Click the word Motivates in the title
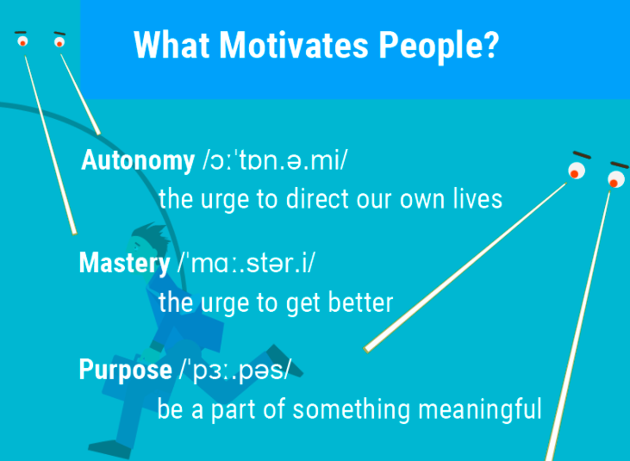click(x=293, y=46)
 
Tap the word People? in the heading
click(x=439, y=47)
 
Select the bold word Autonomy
click(x=138, y=160)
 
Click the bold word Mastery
click(x=125, y=264)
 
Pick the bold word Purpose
click(x=125, y=371)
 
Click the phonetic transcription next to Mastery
click(x=246, y=264)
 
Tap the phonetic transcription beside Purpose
click(x=234, y=371)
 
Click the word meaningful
click(x=480, y=409)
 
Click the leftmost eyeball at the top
click(x=22, y=41)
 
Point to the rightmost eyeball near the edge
click(x=616, y=179)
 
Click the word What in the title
click(x=172, y=46)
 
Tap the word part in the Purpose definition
click(x=234, y=410)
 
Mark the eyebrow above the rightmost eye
click(x=619, y=165)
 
